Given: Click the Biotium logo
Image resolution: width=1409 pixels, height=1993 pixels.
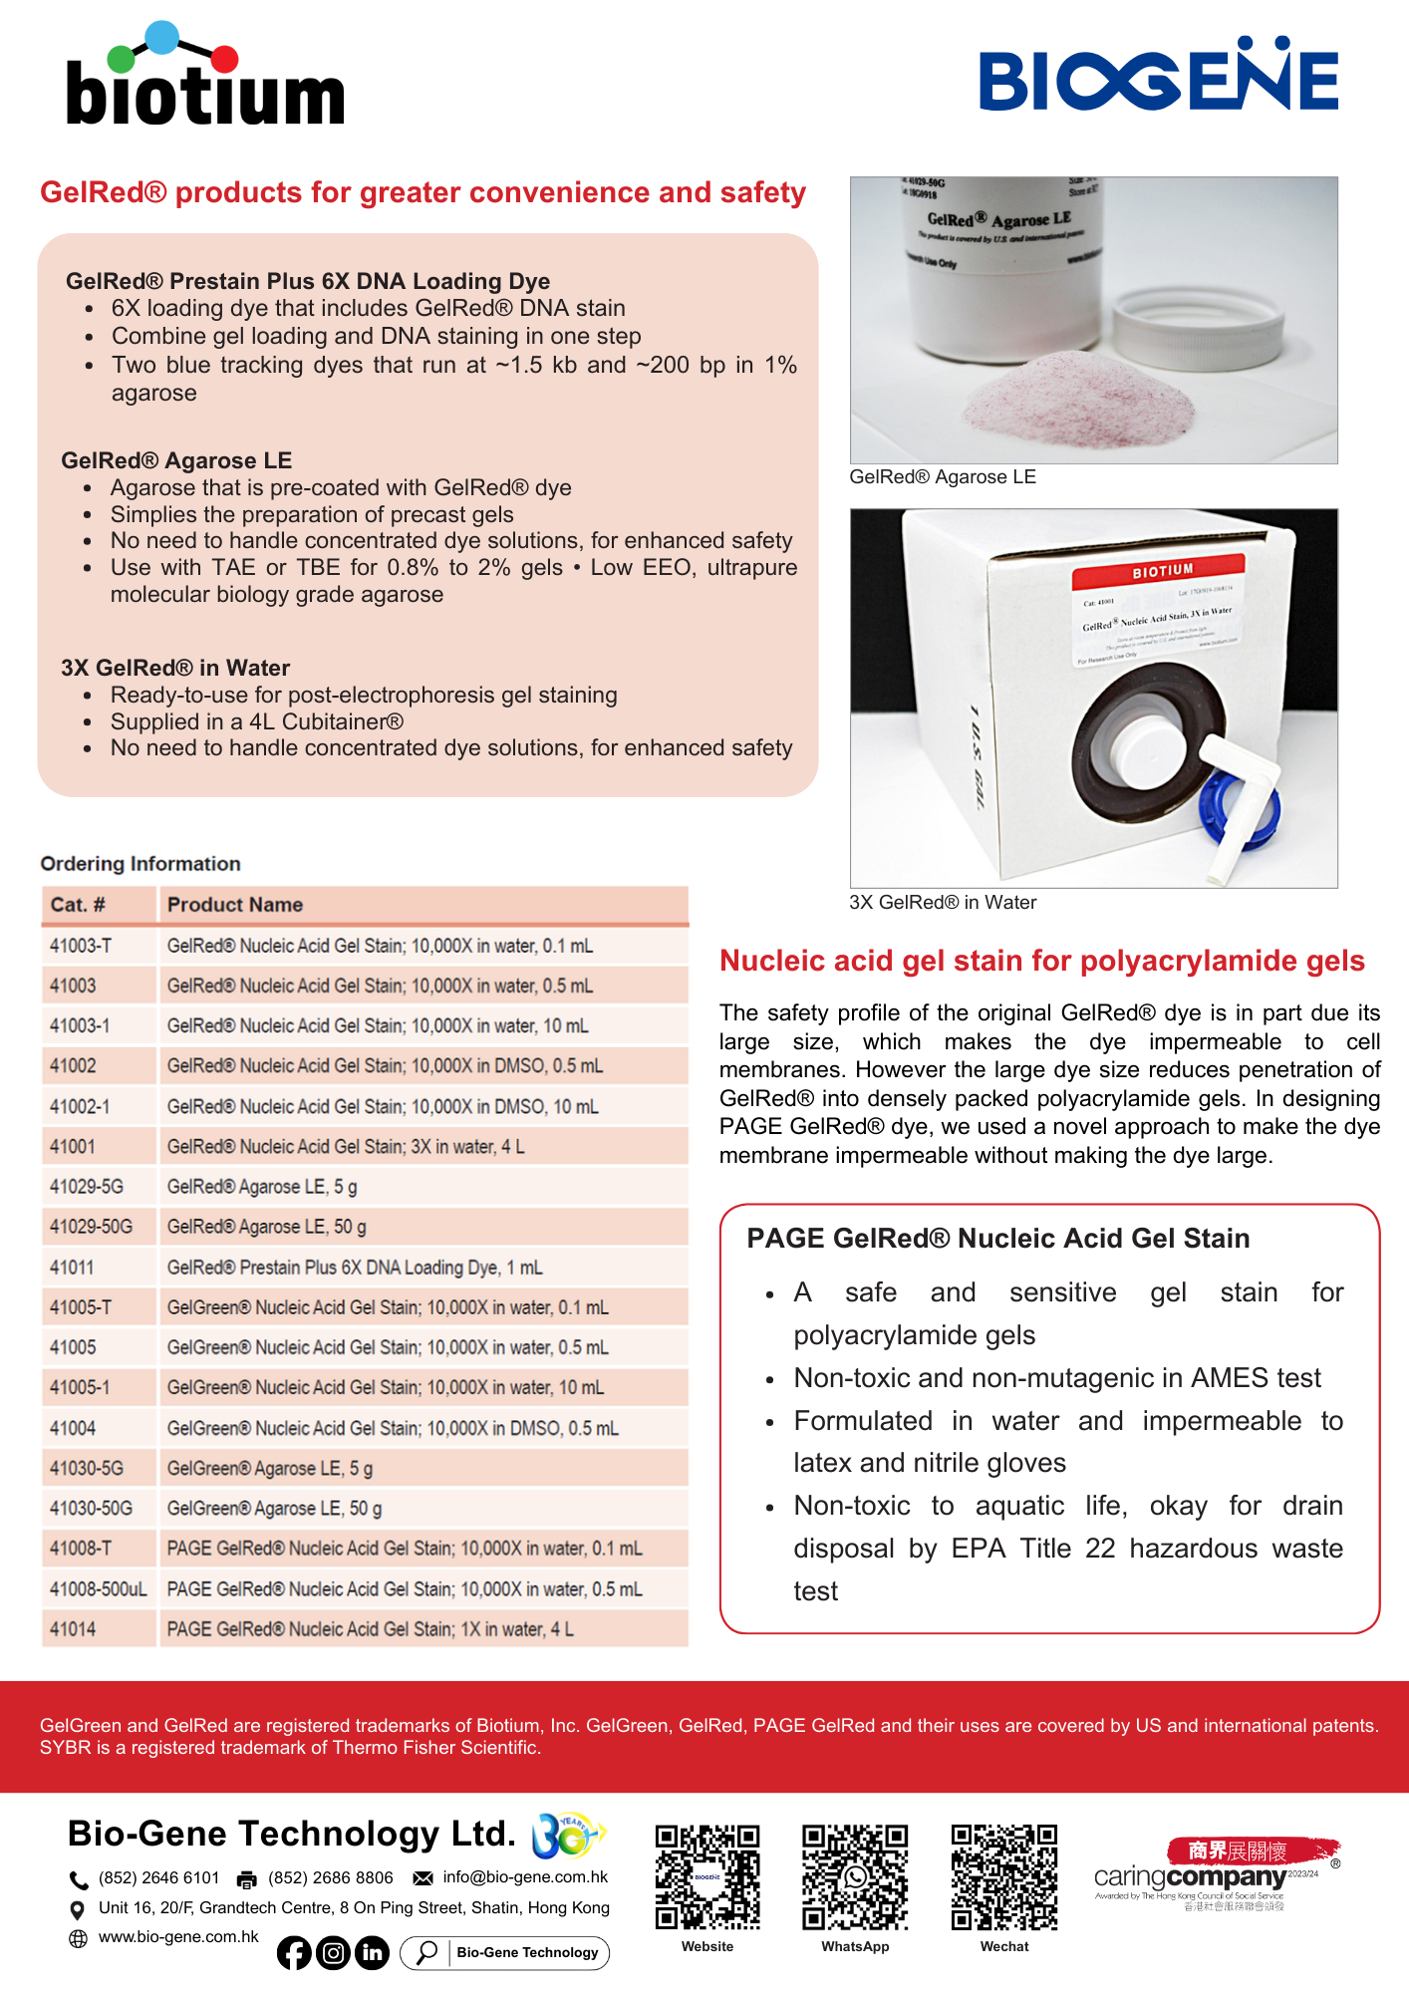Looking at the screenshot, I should [x=205, y=77].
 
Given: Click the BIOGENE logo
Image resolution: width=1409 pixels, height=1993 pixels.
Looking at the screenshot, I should [x=1158, y=76].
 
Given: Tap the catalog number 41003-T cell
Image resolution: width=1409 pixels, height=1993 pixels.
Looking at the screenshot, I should [x=82, y=946].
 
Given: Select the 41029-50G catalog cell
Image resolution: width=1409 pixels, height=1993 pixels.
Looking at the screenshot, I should [x=92, y=1227].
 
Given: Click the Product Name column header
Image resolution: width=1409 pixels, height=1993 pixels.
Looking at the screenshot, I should [x=235, y=905].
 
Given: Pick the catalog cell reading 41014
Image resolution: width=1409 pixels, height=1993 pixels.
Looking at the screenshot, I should [x=74, y=1629].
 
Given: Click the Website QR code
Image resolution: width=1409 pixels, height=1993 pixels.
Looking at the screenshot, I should [x=707, y=1876].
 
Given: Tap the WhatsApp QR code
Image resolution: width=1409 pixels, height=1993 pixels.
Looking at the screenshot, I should [x=855, y=1876].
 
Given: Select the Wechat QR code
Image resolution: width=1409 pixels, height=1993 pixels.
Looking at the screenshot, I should [x=1003, y=1876].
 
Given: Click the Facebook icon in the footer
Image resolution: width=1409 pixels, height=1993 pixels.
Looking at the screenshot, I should [x=294, y=1953].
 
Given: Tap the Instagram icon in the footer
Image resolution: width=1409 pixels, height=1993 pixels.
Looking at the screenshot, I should [x=334, y=1953].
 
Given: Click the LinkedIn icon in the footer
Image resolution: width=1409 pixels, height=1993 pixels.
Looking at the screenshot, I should [x=373, y=1953].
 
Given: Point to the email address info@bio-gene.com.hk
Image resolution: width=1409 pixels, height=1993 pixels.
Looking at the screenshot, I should [x=525, y=1877].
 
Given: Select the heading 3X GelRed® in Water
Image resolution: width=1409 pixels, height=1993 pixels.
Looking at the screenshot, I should [x=175, y=668].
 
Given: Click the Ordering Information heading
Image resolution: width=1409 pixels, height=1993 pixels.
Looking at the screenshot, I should [x=141, y=864].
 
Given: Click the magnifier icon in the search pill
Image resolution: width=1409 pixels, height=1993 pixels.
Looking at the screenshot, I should [x=426, y=1952].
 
